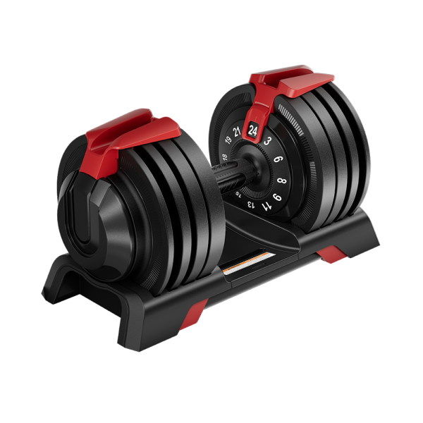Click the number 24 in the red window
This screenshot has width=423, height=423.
pyautogui.click(x=253, y=129)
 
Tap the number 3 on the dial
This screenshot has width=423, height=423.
pyautogui.click(x=269, y=141)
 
